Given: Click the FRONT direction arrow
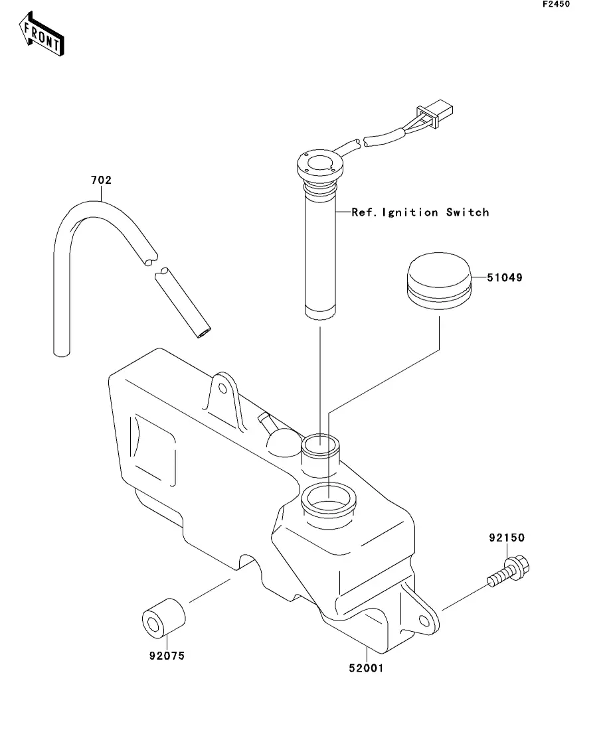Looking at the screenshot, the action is pyautogui.click(x=42, y=34).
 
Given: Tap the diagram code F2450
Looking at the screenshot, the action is pyautogui.click(x=556, y=4).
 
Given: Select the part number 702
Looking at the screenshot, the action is pyautogui.click(x=101, y=181).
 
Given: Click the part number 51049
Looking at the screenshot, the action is pyautogui.click(x=505, y=278).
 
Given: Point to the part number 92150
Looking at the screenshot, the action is pyautogui.click(x=507, y=538).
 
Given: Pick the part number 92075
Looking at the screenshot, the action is pyautogui.click(x=167, y=656).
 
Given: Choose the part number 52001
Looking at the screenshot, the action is pyautogui.click(x=366, y=668).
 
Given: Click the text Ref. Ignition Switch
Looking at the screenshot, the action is pyautogui.click(x=420, y=212).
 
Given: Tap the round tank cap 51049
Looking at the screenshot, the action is pyautogui.click(x=439, y=281).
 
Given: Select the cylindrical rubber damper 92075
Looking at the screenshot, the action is pyautogui.click(x=163, y=618).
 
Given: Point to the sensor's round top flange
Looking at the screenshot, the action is pyautogui.click(x=320, y=164).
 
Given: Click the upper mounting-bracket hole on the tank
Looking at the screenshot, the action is pyautogui.click(x=223, y=389).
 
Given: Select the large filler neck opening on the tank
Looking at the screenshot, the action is pyautogui.click(x=329, y=500).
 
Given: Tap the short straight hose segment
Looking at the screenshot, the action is pyautogui.click(x=183, y=303).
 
